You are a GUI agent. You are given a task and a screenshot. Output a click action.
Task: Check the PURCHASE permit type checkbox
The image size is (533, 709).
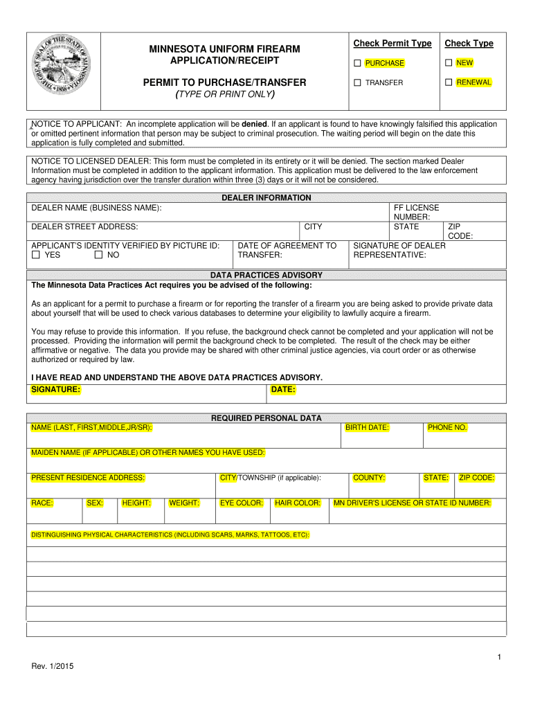(x=357, y=63)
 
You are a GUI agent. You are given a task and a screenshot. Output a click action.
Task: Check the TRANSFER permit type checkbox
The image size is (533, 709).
(x=357, y=82)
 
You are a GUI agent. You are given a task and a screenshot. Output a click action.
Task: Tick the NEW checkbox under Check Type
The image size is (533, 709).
(x=449, y=63)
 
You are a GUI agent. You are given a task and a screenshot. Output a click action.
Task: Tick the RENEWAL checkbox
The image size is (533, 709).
(x=449, y=82)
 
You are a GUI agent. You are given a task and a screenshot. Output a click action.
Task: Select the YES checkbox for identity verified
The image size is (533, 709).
(x=35, y=255)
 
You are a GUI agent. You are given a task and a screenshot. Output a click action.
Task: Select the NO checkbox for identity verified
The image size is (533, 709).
(x=98, y=255)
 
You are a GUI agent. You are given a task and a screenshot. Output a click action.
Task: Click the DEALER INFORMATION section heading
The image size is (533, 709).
(x=266, y=198)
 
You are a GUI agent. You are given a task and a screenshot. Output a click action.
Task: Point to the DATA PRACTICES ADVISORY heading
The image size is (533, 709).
(x=266, y=275)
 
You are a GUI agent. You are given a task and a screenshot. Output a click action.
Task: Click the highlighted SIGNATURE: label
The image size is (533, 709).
(x=56, y=390)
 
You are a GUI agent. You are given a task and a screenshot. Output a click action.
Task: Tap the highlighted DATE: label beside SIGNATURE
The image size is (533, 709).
(x=283, y=390)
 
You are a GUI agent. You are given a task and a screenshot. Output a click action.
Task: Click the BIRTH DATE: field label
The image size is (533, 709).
(x=367, y=428)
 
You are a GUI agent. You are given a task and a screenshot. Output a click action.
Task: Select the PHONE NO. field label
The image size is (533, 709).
(x=447, y=428)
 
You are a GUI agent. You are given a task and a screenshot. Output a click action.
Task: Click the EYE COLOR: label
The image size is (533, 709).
(x=241, y=503)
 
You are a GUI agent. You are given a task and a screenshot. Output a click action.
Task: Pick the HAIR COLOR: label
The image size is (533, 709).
(x=298, y=503)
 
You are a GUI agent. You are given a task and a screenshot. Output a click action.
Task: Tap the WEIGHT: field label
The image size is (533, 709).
(x=184, y=503)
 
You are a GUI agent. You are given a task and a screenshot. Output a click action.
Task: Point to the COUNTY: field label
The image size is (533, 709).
(x=369, y=478)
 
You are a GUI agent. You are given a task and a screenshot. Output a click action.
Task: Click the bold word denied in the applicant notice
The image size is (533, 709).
(x=254, y=124)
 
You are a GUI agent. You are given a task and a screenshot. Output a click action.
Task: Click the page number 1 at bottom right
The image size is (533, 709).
(x=498, y=656)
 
